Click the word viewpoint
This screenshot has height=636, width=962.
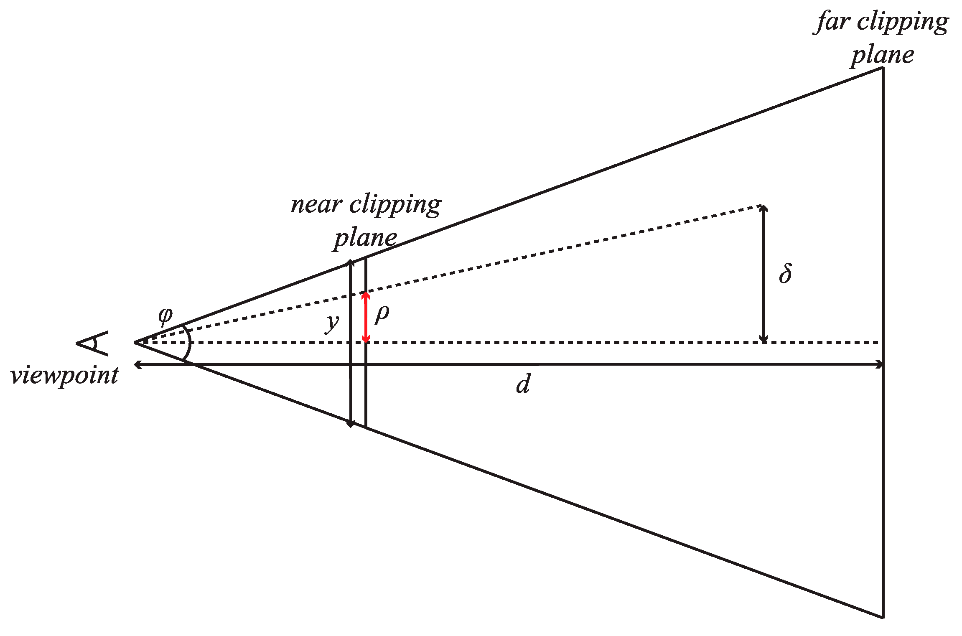point(65,376)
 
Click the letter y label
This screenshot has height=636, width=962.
point(332,323)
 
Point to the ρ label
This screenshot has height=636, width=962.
point(382,313)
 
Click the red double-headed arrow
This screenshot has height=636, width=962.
point(366,317)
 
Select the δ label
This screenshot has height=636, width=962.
point(785,274)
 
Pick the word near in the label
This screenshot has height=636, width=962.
point(316,204)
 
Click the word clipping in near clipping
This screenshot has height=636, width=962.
point(395,205)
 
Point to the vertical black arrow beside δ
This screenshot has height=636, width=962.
point(763,274)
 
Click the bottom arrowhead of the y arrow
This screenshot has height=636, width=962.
point(351,424)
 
